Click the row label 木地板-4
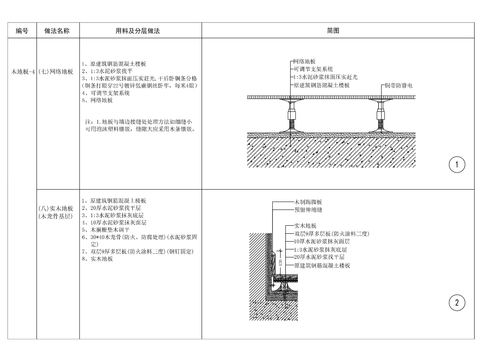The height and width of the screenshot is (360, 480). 21,71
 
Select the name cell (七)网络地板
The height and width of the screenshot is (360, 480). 57,71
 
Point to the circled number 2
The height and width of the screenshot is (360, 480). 456,303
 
